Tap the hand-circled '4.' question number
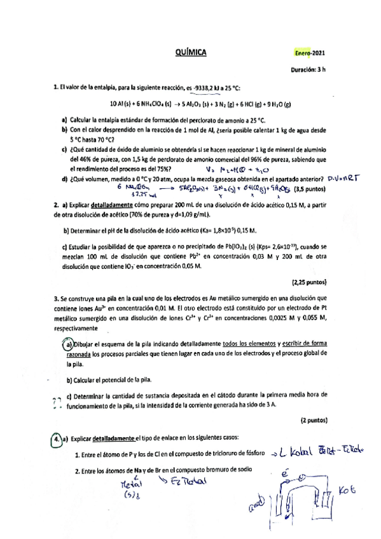pyautogui.click(x=57, y=439)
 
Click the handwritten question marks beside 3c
pyautogui.click(x=55, y=400)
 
